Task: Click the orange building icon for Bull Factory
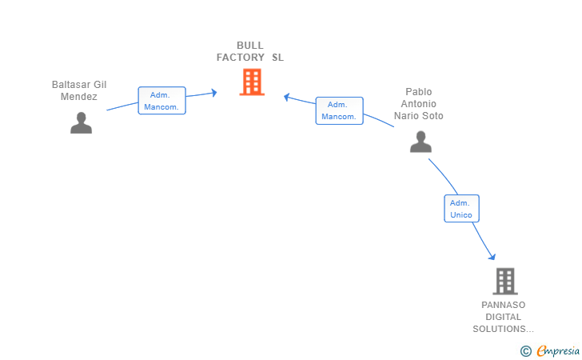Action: click(252, 82)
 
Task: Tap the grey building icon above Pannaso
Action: click(505, 281)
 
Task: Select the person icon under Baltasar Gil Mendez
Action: click(82, 122)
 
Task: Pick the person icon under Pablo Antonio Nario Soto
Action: click(421, 142)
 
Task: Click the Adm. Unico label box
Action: click(461, 209)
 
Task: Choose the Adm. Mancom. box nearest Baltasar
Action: click(161, 101)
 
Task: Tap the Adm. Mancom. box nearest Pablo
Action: click(339, 110)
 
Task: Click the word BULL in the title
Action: click(250, 46)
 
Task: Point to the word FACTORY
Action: click(241, 58)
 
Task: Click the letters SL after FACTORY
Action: click(277, 58)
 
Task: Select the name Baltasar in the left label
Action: click(71, 85)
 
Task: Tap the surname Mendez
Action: click(79, 97)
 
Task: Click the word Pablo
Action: click(419, 92)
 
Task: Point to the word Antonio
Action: click(419, 104)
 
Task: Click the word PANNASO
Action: click(504, 305)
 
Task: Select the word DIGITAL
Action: click(504, 317)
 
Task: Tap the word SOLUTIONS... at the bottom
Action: click(504, 329)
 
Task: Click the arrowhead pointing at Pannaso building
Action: click(492, 256)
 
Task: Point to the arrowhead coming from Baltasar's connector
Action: click(214, 93)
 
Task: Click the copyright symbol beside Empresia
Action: click(525, 351)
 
